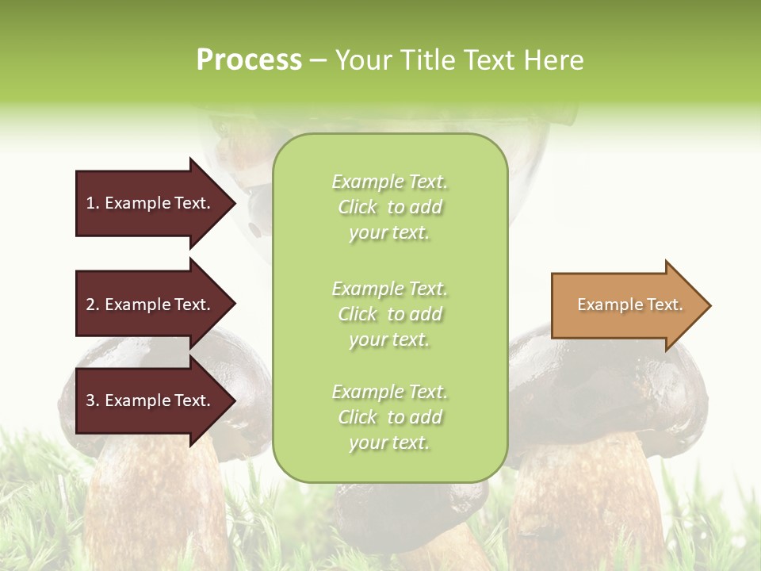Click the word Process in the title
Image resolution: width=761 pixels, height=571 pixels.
249,60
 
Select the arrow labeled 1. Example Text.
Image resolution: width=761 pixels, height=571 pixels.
151,203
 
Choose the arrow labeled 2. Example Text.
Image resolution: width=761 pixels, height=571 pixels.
151,305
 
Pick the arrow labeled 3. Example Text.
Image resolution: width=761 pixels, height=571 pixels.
151,400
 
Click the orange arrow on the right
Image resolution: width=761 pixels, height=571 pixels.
626,305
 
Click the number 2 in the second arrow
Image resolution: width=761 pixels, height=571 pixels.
90,305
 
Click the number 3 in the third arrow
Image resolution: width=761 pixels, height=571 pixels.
90,400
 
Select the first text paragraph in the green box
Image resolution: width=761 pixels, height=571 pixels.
389,207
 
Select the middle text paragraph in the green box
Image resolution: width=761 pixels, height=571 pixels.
389,314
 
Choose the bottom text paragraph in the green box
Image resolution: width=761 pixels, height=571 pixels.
389,417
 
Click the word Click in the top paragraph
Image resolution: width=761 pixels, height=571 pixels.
358,207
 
